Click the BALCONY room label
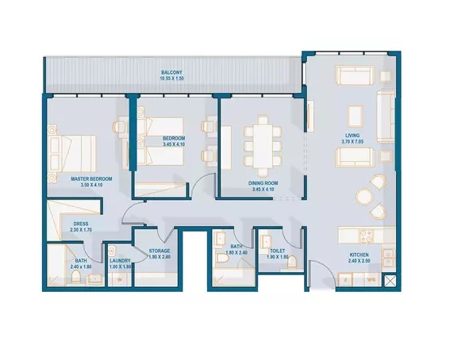click(171, 71)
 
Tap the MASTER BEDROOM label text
click(79, 179)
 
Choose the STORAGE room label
click(160, 251)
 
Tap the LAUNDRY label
click(120, 259)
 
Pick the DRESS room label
click(80, 224)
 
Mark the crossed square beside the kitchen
click(390, 281)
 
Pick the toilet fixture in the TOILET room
click(290, 262)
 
